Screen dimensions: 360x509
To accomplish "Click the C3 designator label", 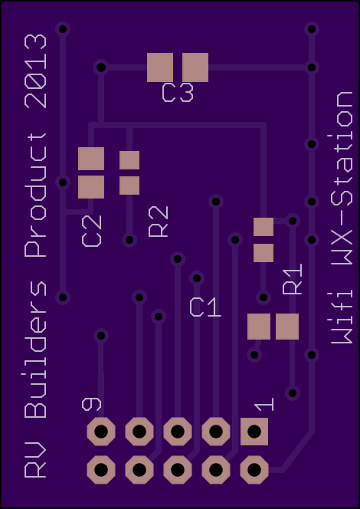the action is pyautogui.click(x=178, y=93).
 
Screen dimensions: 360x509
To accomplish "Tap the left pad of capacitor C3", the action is pyautogui.click(x=160, y=67).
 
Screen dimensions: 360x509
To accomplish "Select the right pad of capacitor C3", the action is pyautogui.click(x=195, y=67).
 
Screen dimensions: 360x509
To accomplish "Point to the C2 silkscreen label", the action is pyautogui.click(x=91, y=231).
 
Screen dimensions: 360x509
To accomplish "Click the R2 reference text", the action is pyautogui.click(x=159, y=222).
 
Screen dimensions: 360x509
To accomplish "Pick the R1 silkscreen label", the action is pyautogui.click(x=293, y=279).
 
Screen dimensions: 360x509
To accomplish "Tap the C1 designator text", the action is pyautogui.click(x=205, y=307).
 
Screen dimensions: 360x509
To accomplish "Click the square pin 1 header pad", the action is pyautogui.click(x=254, y=432).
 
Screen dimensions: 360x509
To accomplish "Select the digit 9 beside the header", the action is pyautogui.click(x=91, y=405).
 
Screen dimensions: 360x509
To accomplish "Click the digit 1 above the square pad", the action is pyautogui.click(x=264, y=405).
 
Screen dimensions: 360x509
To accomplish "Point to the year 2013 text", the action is pyautogui.click(x=36, y=71).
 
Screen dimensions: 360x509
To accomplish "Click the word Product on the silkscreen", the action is pyautogui.click(x=36, y=195).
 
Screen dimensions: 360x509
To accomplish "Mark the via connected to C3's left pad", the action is pyautogui.click(x=101, y=67).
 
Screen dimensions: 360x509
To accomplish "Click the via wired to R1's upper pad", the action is pyautogui.click(x=293, y=221).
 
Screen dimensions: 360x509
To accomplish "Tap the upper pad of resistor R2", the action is pyautogui.click(x=129, y=160).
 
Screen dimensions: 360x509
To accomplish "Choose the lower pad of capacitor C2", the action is pyautogui.click(x=91, y=187).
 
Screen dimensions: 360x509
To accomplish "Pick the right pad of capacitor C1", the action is pyautogui.click(x=287, y=327).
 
